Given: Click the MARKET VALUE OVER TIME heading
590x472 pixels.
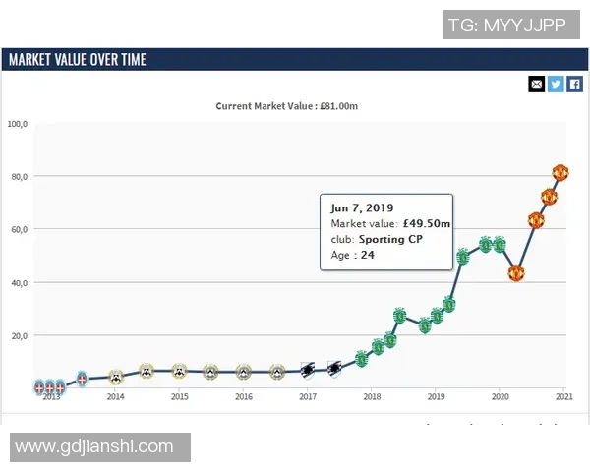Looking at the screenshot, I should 77,59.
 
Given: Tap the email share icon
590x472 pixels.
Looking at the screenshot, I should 536,84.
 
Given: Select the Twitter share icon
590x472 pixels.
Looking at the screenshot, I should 556,84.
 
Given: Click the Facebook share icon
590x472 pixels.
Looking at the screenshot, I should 575,84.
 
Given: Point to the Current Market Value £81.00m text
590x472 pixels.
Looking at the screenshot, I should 294,105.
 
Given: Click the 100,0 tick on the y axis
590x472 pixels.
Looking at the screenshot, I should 18,124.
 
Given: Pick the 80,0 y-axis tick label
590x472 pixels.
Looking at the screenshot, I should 20,177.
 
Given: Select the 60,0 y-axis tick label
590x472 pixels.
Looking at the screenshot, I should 20,230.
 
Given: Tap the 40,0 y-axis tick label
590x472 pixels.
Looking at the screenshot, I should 20,283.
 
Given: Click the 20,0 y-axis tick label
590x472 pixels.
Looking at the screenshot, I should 20,336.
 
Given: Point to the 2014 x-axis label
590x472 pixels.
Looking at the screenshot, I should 115,396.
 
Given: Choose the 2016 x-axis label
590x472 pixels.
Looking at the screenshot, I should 244,396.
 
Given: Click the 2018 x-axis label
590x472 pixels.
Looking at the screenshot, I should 372,396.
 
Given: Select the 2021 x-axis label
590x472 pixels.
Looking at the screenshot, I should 564,396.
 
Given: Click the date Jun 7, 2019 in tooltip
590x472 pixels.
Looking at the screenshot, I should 362,207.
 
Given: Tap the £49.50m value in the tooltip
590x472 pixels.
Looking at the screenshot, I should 426,223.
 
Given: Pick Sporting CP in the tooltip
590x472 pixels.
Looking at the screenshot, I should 390,239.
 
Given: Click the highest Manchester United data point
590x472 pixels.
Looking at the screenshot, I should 560,173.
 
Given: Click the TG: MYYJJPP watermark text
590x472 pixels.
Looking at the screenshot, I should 506,25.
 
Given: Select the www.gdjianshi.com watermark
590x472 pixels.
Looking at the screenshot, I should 94,447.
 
